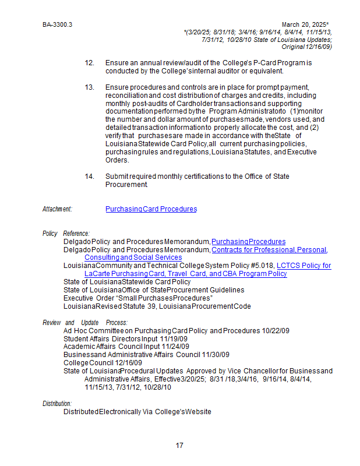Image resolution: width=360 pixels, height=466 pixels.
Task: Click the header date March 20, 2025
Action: coord(305,25)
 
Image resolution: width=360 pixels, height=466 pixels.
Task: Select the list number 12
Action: coord(89,62)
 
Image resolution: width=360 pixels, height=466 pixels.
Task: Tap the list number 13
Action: coord(89,87)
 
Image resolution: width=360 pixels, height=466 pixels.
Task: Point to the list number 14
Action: coord(89,176)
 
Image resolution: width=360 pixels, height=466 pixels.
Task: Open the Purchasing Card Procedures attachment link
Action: coord(151,209)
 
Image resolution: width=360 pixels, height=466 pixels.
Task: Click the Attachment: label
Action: coord(57,209)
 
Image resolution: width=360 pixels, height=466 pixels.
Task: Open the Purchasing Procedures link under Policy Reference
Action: coord(249,242)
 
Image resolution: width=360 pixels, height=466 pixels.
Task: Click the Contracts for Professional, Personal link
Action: coord(269,250)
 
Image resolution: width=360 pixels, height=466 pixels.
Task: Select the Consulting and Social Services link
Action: coord(133,257)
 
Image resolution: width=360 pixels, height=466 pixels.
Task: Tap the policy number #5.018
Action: coord(262,266)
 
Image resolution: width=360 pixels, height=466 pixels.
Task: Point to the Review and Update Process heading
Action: coord(85,323)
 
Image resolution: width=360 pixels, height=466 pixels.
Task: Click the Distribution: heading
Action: coord(57,403)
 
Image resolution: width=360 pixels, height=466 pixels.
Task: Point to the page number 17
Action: coord(179,446)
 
